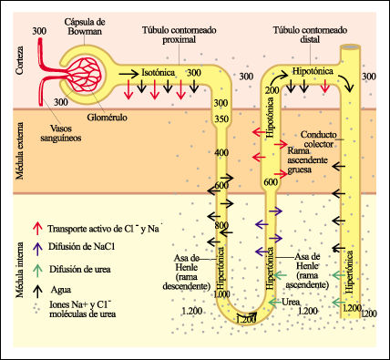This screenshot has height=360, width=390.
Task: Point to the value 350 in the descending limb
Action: [221, 118]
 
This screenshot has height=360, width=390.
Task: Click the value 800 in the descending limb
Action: [221, 225]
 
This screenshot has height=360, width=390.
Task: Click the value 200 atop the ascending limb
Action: [271, 90]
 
